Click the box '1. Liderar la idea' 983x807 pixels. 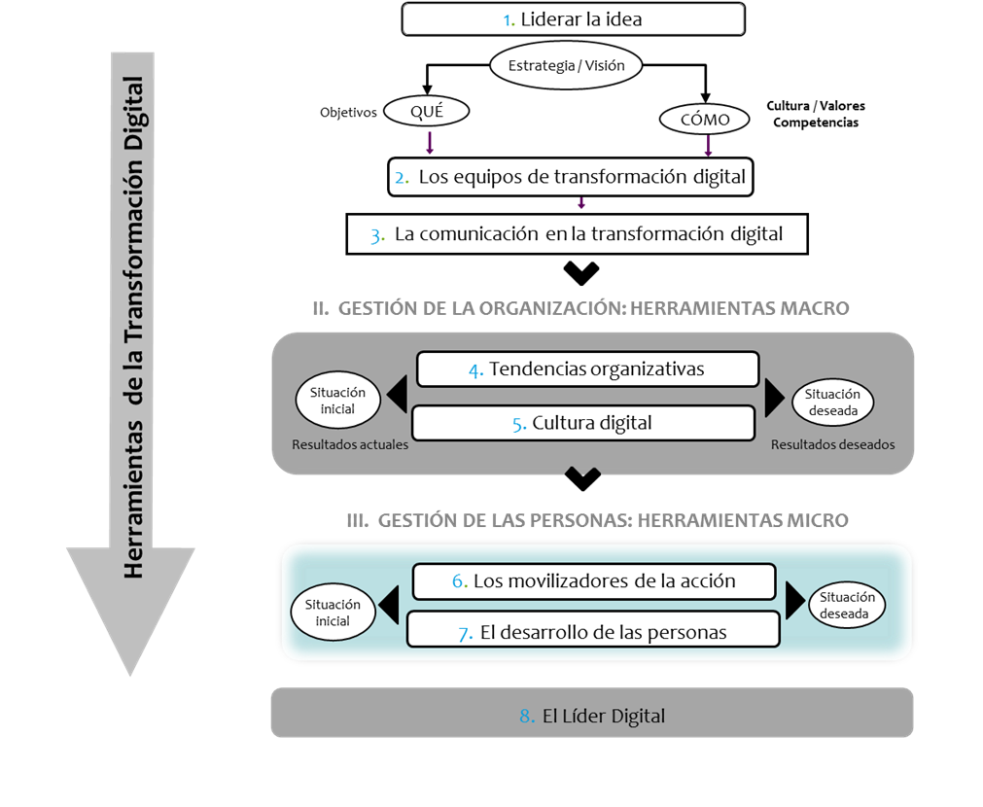[x=573, y=18]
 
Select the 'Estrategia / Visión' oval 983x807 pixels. [x=566, y=65]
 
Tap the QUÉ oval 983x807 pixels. [x=426, y=112]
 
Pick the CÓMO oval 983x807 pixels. [x=705, y=120]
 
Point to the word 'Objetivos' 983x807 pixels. [x=348, y=112]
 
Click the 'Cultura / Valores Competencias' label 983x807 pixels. [x=816, y=114]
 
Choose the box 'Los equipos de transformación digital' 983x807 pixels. [x=571, y=177]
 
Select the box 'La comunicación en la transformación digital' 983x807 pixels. [x=577, y=234]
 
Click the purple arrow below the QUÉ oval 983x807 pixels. [x=430, y=142]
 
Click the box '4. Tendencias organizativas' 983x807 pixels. [x=587, y=369]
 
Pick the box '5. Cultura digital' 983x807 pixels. [x=583, y=423]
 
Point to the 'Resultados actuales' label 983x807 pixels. [x=350, y=444]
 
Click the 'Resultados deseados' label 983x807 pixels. [x=832, y=444]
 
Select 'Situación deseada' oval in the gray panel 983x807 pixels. [x=832, y=402]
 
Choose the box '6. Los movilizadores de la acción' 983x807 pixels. [x=594, y=581]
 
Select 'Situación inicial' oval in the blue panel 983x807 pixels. [x=333, y=612]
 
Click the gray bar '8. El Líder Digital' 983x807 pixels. [x=592, y=713]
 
